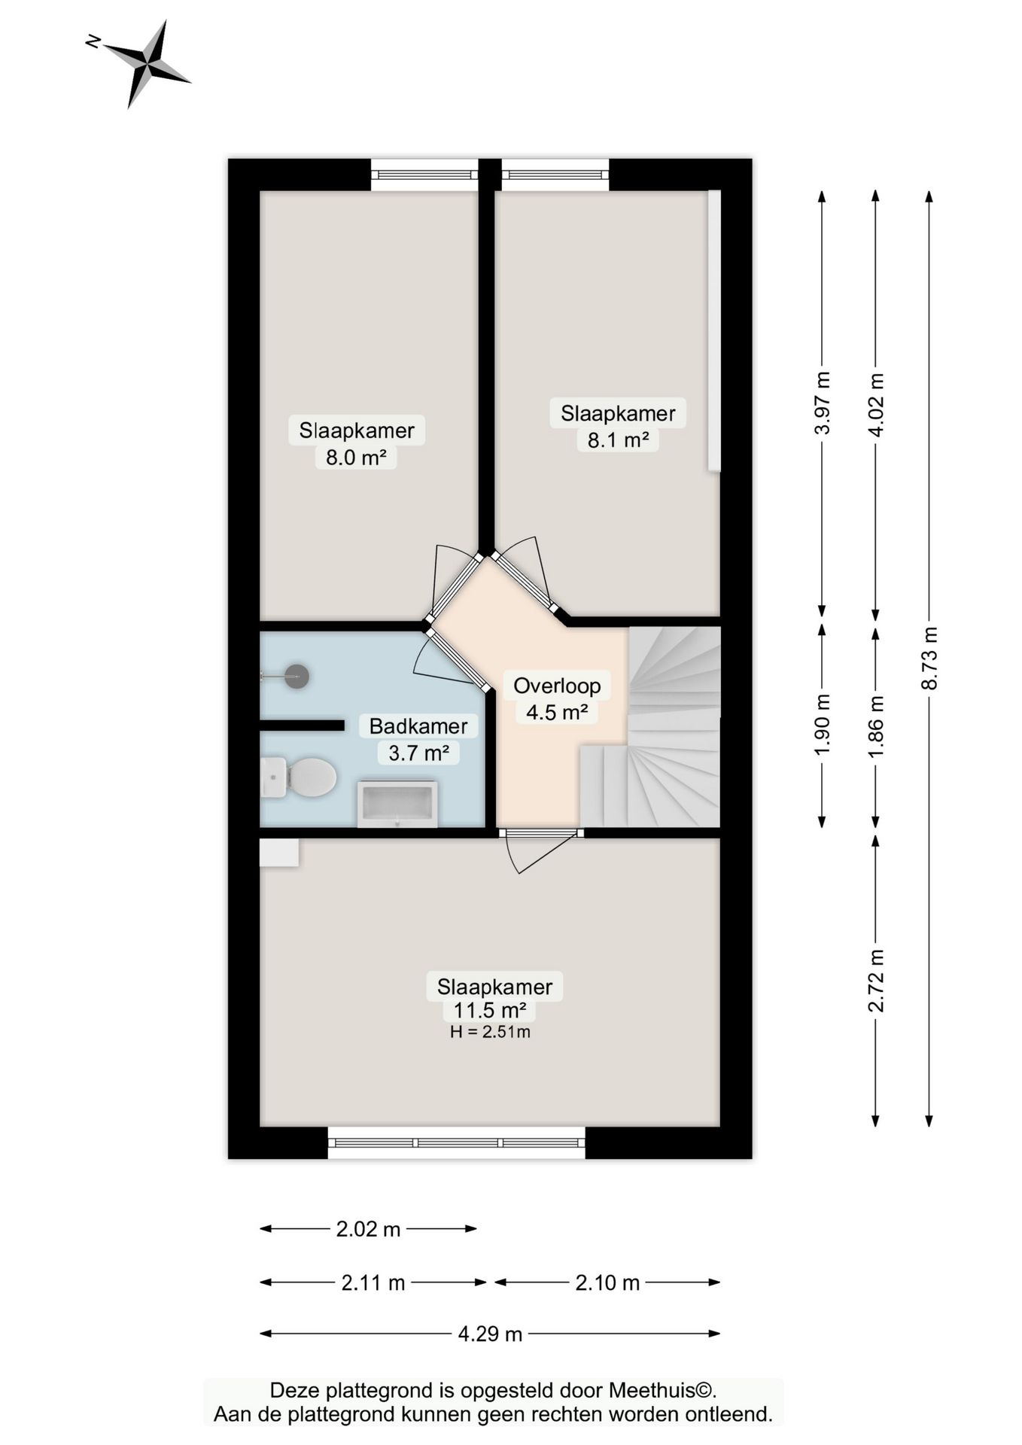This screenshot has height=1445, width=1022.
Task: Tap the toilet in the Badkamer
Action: coord(299,777)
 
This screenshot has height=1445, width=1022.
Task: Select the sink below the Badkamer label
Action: coord(397,804)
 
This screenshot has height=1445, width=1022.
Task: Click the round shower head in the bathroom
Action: coord(297,676)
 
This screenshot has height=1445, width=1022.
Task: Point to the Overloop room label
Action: coord(557,686)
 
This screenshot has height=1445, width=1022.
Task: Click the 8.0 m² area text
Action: coord(356,457)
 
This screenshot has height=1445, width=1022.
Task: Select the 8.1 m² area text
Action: coord(618,440)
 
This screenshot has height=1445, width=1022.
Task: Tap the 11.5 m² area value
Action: coord(490,1010)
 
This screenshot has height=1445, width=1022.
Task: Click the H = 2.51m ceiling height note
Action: coord(490,1032)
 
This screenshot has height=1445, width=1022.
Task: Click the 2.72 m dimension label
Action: coord(876,980)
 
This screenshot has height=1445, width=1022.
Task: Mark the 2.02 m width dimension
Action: coord(368,1229)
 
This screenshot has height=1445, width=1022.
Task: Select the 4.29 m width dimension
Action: coord(490,1334)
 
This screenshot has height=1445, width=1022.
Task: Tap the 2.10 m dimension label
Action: coord(607,1282)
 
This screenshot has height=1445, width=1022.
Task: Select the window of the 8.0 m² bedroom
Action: coord(424,175)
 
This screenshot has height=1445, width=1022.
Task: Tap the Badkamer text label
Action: coord(418,726)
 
